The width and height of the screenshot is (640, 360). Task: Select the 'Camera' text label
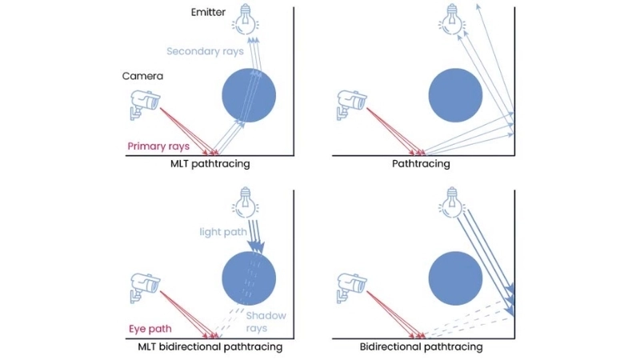point(142,76)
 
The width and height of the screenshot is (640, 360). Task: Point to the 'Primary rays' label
point(158,146)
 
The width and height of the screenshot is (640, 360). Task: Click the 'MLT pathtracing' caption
point(210,164)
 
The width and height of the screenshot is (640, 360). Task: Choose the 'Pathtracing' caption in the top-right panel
point(421,164)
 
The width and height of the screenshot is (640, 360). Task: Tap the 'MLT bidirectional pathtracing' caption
point(210,347)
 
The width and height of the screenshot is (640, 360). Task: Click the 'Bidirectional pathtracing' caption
point(421,347)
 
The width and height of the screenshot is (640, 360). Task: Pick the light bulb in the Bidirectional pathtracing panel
point(453,201)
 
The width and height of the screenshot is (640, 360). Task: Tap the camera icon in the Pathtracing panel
point(351,102)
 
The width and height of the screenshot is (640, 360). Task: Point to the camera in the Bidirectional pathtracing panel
point(351,285)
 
